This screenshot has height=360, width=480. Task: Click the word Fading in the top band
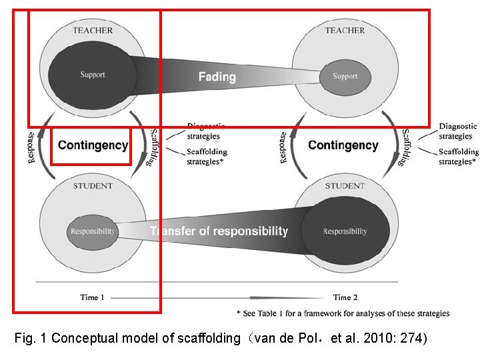click(x=217, y=77)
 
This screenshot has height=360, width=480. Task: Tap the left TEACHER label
click(x=93, y=30)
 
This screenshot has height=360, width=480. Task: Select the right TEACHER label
click(x=345, y=30)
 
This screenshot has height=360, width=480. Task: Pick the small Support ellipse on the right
click(x=345, y=76)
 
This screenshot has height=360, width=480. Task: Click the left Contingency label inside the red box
click(x=93, y=145)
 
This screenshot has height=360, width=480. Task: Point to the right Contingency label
click(x=343, y=145)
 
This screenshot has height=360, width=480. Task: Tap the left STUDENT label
click(x=93, y=186)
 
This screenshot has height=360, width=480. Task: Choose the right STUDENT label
click(x=345, y=186)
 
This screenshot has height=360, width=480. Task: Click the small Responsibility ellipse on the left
click(x=92, y=231)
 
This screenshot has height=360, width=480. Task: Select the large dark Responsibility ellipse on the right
click(x=345, y=231)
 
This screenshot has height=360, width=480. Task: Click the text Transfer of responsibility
click(x=219, y=231)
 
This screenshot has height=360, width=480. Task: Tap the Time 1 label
click(x=93, y=297)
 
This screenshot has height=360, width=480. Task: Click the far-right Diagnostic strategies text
click(x=457, y=131)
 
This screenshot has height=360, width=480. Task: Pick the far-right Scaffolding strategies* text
click(x=458, y=157)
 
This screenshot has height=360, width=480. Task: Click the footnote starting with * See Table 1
click(x=343, y=313)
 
